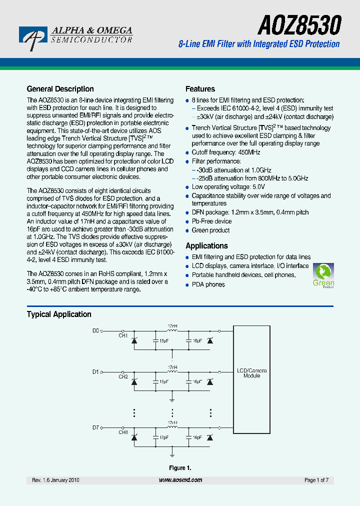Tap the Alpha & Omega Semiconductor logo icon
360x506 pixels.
(x=33, y=37)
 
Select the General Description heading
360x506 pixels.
(x=60, y=89)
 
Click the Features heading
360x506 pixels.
(x=200, y=89)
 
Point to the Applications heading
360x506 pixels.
(x=206, y=245)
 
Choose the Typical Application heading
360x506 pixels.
(x=59, y=314)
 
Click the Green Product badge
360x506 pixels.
(x=323, y=275)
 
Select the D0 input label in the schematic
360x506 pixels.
(x=96, y=330)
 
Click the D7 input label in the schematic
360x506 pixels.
(x=96, y=427)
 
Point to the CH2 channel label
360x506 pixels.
(x=123, y=376)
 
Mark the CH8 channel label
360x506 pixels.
(x=123, y=432)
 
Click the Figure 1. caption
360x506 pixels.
(x=180, y=468)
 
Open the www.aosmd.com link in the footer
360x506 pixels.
(x=180, y=480)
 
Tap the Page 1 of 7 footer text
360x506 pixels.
(x=316, y=480)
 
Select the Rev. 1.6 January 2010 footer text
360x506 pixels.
(x=55, y=480)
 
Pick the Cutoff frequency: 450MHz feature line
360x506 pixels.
(x=226, y=152)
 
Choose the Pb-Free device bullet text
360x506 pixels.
(x=211, y=221)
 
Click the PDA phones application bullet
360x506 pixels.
(x=208, y=284)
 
